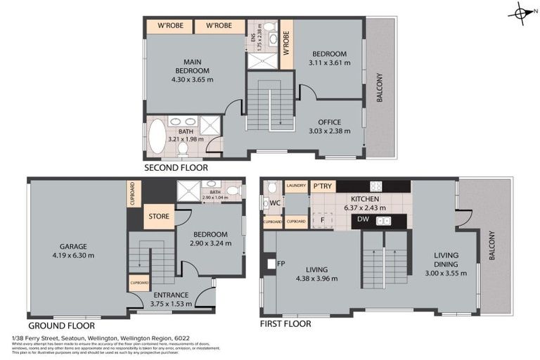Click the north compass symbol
click(521, 13)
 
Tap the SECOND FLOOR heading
click(176, 168)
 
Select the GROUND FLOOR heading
click(62, 326)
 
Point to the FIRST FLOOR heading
click(285, 324)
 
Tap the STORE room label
click(158, 217)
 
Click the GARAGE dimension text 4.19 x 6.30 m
click(73, 255)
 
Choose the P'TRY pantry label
click(324, 186)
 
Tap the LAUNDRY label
click(296, 186)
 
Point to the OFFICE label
click(329, 122)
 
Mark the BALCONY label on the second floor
click(379, 89)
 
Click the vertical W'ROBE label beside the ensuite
click(286, 44)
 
